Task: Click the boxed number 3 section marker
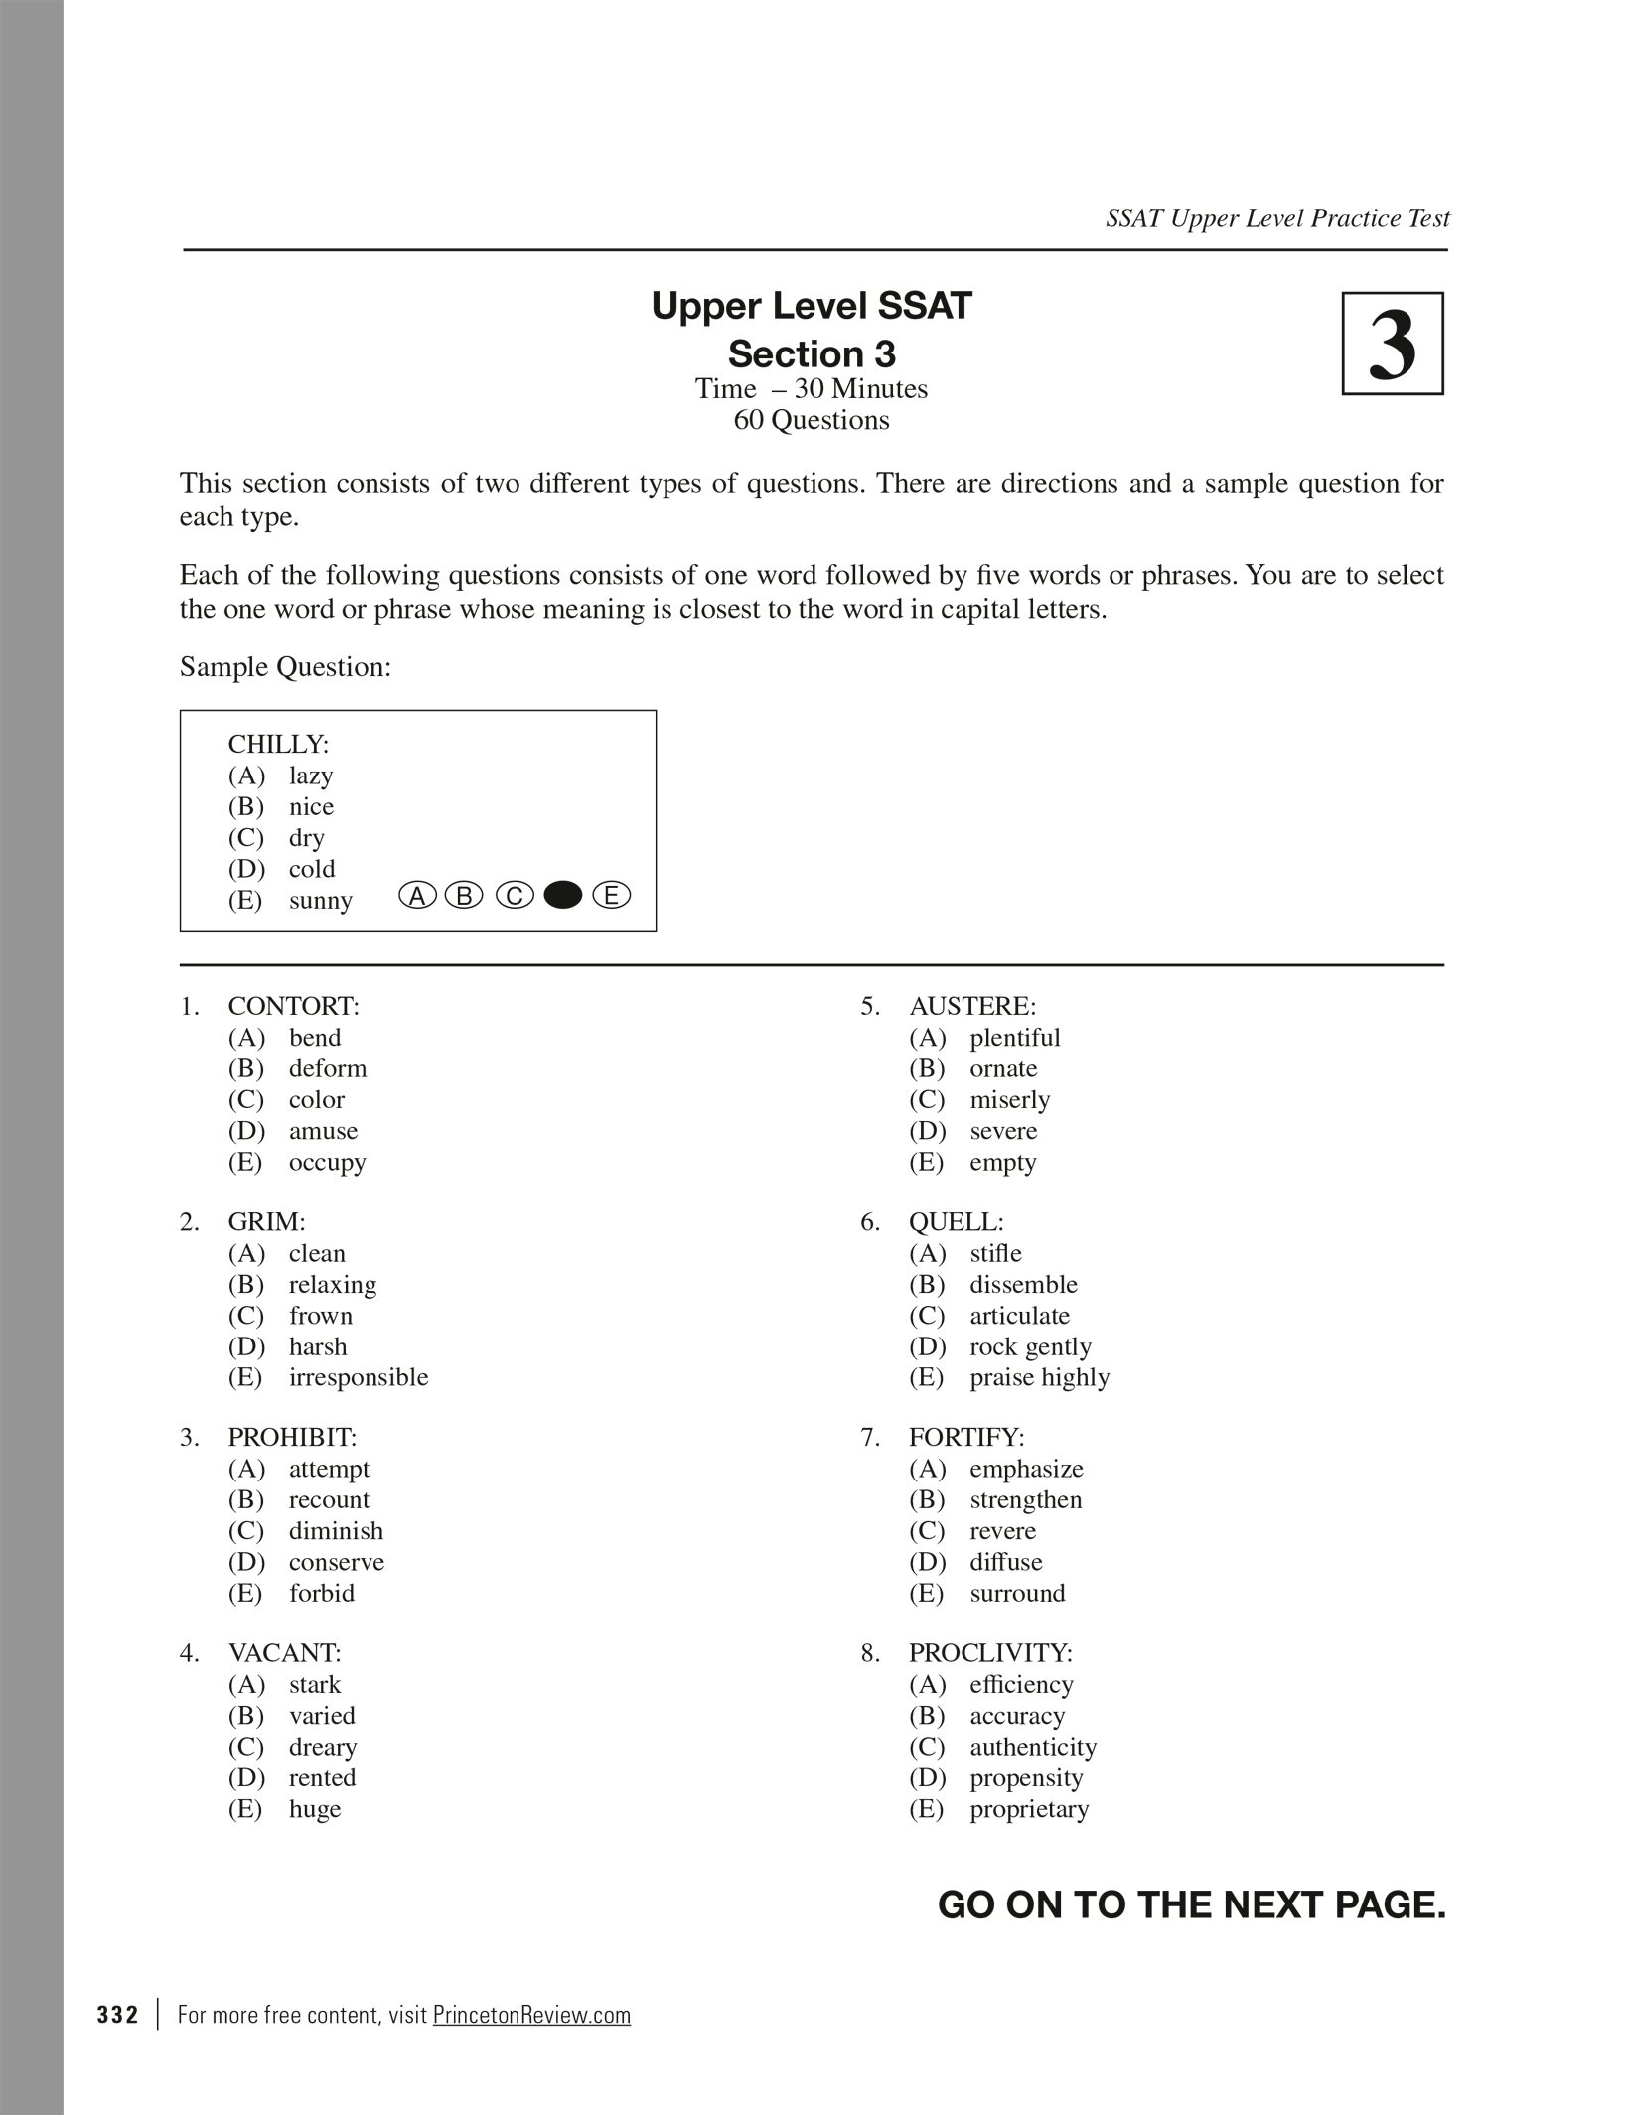(1392, 344)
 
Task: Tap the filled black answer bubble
(563, 896)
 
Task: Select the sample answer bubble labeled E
(612, 896)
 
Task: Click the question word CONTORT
(293, 1006)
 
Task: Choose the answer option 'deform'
(328, 1068)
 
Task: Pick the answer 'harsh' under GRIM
(318, 1346)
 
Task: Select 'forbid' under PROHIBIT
(322, 1593)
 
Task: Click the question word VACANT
(284, 1653)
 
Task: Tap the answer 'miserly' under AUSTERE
(1009, 1099)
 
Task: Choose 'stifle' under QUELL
(995, 1253)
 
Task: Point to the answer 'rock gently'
(1030, 1346)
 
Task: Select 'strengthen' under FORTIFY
(1026, 1499)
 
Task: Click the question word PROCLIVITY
(989, 1653)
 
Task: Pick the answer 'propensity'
(1026, 1777)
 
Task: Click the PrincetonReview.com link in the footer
(531, 2015)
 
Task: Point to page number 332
(117, 2015)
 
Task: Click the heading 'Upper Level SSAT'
(811, 306)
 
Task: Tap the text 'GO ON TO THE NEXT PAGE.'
(1191, 1904)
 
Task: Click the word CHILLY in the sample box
(277, 744)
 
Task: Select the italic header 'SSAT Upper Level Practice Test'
(1277, 218)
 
